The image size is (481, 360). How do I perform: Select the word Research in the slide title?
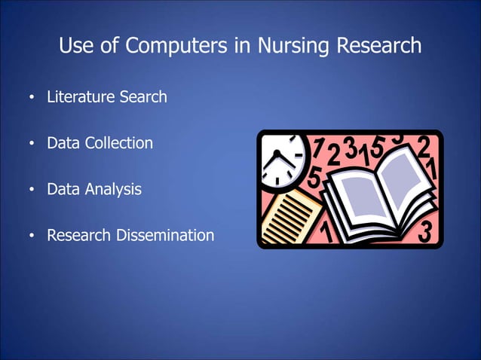(378, 46)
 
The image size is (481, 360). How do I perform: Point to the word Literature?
(81, 97)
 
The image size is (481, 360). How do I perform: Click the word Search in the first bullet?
(143, 97)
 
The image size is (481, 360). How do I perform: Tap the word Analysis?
(112, 189)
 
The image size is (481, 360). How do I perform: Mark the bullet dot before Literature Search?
(31, 99)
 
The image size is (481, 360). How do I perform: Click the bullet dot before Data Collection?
(31, 145)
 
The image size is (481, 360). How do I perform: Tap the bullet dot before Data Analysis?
(31, 191)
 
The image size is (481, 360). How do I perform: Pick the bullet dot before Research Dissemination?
(31, 236)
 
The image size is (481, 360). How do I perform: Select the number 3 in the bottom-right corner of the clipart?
(425, 232)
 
